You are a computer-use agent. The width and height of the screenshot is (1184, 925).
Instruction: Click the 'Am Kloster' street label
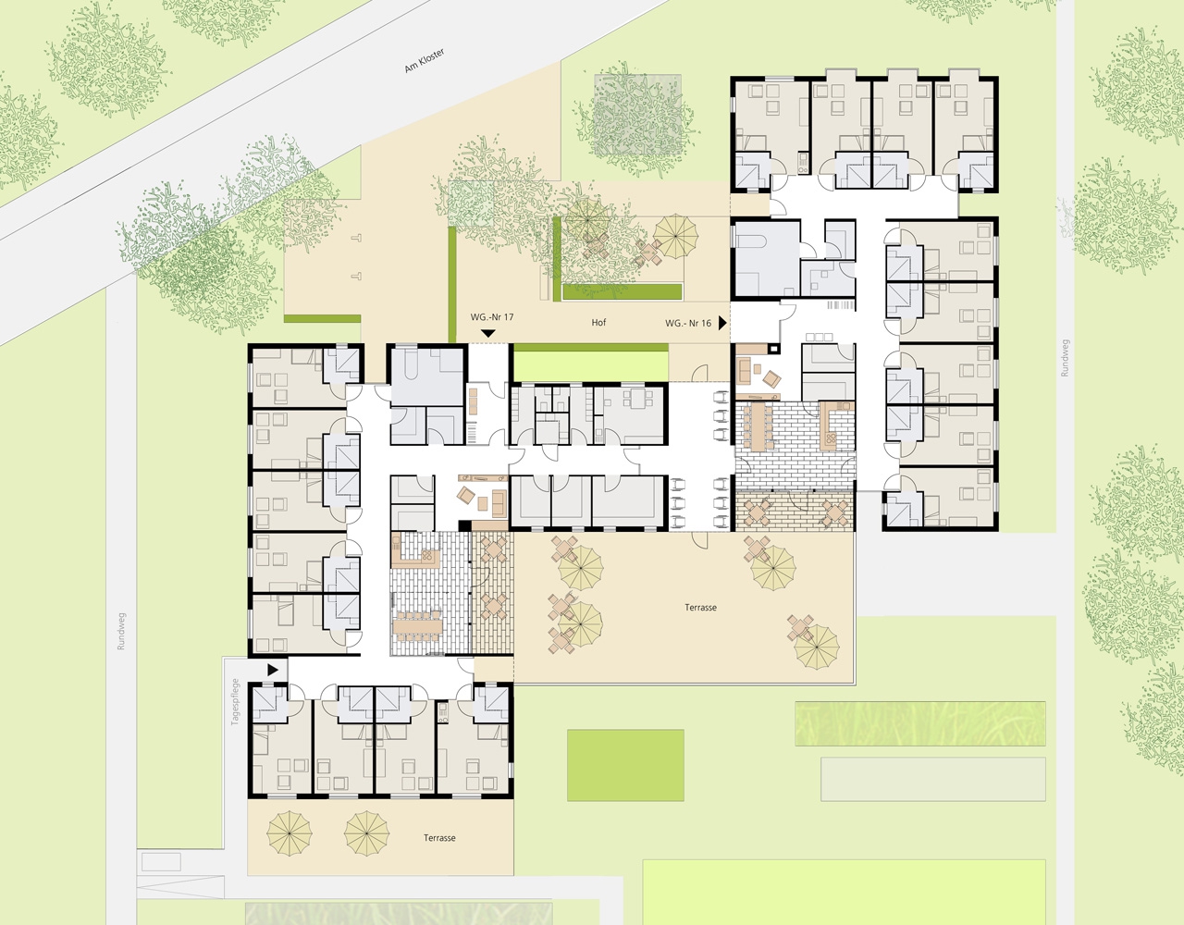425,60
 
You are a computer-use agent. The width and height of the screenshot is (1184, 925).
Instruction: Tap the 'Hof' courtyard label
598,323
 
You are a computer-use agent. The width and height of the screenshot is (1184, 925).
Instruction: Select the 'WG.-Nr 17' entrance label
491,317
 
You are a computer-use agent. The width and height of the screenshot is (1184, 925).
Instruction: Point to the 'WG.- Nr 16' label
687,323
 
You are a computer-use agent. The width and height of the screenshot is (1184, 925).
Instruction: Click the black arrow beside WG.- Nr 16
722,323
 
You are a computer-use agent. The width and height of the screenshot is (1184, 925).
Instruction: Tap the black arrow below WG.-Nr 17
488,333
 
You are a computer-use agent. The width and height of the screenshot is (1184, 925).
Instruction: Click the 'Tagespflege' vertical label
235,702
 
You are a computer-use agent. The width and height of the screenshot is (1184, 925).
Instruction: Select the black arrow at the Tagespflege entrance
273,670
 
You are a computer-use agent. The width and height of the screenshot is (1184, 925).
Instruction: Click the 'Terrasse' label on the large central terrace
701,608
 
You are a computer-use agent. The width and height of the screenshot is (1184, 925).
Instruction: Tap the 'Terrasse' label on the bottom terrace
439,838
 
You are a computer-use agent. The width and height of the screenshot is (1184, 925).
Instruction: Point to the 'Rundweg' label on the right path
1065,358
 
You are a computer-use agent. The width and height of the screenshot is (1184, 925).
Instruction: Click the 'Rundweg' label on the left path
121,632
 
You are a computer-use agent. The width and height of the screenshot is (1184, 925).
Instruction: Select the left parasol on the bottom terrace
290,834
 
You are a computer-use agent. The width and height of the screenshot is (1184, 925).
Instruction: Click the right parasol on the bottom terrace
366,834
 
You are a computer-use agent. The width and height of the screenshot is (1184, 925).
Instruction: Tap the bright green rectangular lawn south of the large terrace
625,765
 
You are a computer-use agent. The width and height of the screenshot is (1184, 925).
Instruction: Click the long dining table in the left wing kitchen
417,626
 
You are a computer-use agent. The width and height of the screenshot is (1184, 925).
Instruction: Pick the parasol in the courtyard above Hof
675,236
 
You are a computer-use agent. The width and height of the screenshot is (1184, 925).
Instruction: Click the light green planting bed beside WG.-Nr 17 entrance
591,366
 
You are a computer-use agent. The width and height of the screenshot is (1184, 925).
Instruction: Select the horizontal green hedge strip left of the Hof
322,319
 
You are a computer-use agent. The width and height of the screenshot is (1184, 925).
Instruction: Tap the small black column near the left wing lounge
464,525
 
